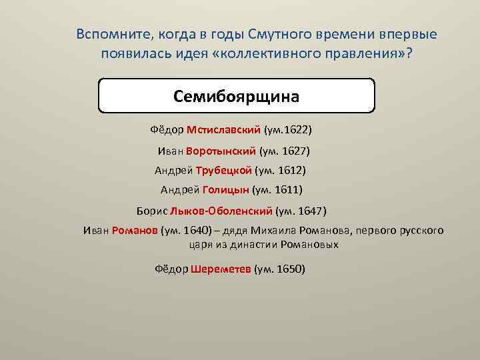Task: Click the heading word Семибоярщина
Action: click(237, 96)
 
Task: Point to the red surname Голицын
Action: click(225, 190)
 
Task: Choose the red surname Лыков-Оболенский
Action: click(221, 211)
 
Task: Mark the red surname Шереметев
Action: click(221, 269)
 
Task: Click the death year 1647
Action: click(311, 211)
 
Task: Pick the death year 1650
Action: click(290, 269)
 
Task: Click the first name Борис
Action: click(152, 211)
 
